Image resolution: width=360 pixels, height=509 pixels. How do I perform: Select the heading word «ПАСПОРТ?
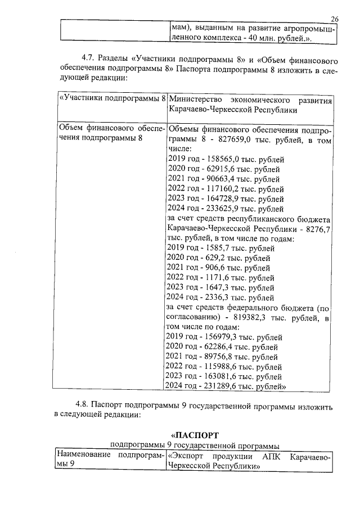pos(195,435)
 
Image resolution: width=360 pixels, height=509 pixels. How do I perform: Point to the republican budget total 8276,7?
pos(318,228)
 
